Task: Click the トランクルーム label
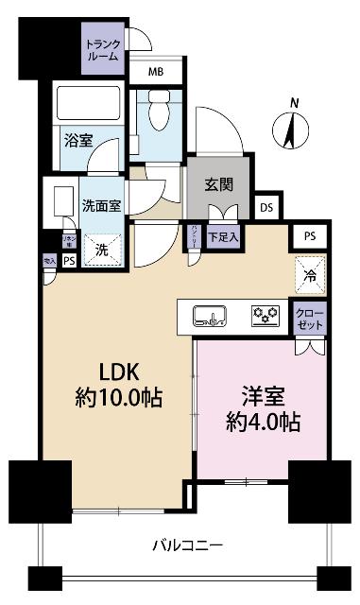(x=102, y=49)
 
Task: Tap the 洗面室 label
(x=99, y=207)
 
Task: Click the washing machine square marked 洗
(x=101, y=250)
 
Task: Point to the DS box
(x=267, y=207)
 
